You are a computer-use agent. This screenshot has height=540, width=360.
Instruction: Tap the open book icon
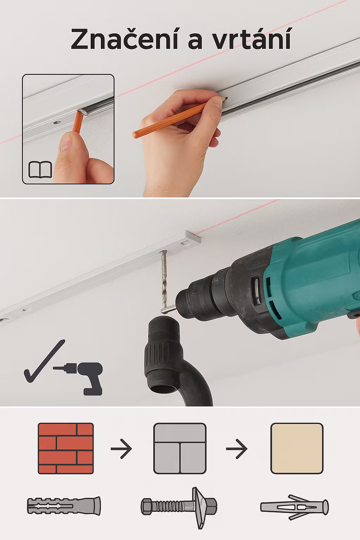(x=40, y=170)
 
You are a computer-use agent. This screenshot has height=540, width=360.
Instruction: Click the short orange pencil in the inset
(x=78, y=121)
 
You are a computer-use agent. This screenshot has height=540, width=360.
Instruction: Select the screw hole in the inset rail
(x=57, y=122)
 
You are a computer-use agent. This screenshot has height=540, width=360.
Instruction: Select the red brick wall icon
(x=66, y=448)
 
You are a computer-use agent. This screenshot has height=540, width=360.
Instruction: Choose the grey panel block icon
(x=180, y=448)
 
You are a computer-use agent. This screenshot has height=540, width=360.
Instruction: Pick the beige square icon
(x=297, y=448)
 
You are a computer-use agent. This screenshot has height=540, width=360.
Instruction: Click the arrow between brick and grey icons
(x=121, y=449)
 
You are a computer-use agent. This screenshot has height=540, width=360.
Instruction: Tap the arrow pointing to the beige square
(x=237, y=449)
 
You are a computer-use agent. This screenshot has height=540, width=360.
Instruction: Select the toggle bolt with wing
(x=179, y=508)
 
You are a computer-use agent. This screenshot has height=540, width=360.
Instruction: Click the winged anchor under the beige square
(x=294, y=507)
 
